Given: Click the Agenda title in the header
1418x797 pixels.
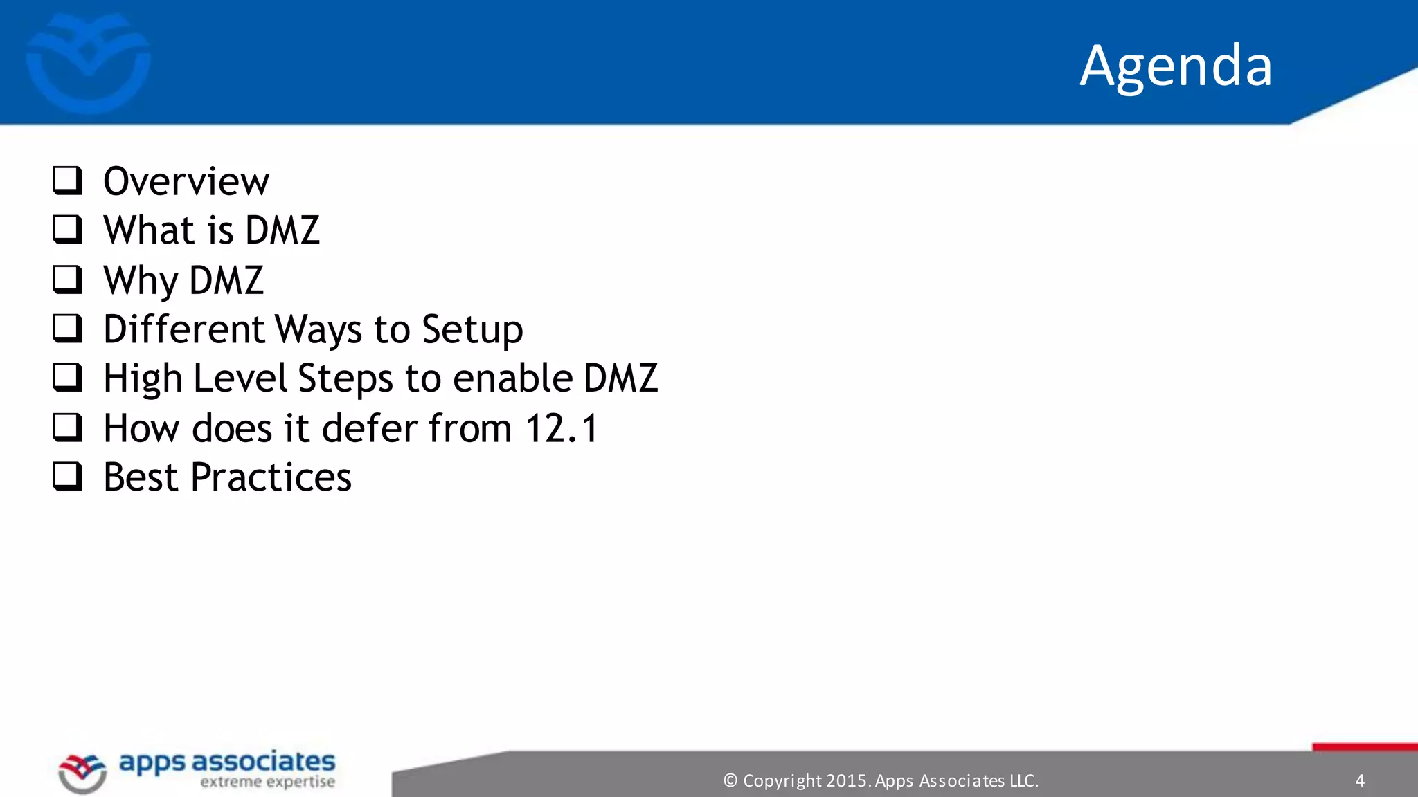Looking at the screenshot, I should [x=1175, y=66].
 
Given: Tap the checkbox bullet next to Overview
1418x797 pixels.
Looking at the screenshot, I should [x=68, y=181].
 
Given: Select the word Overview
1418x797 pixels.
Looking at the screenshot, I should [x=186, y=181].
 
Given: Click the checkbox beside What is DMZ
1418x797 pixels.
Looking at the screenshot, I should [x=68, y=230].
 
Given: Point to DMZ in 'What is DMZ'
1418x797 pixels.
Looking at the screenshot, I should [x=282, y=230].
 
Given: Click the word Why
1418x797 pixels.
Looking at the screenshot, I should [x=141, y=281].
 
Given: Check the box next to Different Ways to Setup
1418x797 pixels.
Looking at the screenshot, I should [x=68, y=329].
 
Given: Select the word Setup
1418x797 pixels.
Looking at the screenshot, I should [x=472, y=330].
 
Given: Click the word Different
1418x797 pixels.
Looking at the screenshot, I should [x=184, y=329].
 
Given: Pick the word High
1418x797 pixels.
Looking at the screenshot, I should [x=143, y=379].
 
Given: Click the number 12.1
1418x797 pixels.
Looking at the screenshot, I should [x=562, y=428].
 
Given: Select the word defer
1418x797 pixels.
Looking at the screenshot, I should [x=368, y=428].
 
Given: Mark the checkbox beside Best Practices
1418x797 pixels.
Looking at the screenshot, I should [x=68, y=477].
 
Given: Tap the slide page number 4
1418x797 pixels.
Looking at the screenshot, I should [x=1360, y=780].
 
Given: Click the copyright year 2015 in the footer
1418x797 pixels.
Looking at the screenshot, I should [x=845, y=780].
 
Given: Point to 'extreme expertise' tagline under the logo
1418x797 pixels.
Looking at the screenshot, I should [x=267, y=782].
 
